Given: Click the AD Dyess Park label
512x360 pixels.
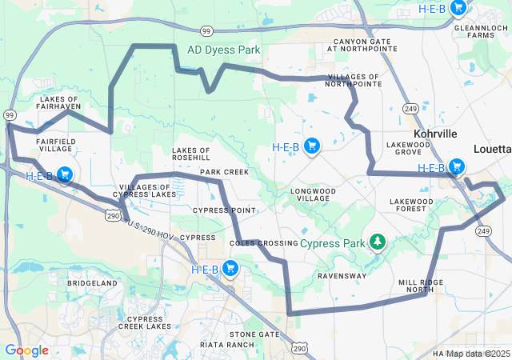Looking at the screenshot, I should click(x=224, y=50).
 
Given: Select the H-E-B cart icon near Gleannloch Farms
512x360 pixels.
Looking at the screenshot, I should click(x=458, y=8).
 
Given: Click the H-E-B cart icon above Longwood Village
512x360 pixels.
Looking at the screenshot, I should click(x=312, y=146).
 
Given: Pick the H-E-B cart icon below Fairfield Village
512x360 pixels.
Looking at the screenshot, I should click(x=65, y=175).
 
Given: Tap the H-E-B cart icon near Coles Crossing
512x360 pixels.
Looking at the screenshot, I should click(x=230, y=269).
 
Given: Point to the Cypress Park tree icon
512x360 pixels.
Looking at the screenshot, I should click(x=376, y=242).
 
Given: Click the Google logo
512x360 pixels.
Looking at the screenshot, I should click(x=26, y=350).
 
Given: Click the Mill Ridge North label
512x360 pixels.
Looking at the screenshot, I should click(x=421, y=286).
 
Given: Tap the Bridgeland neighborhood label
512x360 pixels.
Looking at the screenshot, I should click(x=93, y=283).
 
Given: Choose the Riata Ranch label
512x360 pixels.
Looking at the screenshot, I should click(x=230, y=345).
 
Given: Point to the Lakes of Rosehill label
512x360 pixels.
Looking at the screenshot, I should click(x=191, y=154).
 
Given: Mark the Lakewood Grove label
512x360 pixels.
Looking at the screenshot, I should click(x=408, y=148).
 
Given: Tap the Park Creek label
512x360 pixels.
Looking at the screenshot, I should click(x=224, y=172).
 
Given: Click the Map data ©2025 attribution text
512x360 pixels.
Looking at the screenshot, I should click(x=478, y=354).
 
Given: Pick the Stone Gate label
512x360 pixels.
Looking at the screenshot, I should click(x=254, y=334).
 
